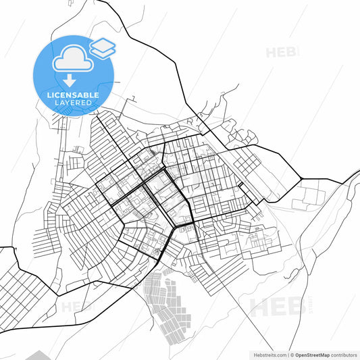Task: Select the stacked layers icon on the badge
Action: tap(103, 48)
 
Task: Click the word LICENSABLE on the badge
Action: tap(73, 95)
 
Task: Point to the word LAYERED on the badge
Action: tap(73, 103)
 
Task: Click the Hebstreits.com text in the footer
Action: tap(267, 354)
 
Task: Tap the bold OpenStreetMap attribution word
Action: tap(311, 354)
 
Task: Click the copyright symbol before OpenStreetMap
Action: tap(291, 354)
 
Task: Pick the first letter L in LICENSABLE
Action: tap(48, 95)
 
